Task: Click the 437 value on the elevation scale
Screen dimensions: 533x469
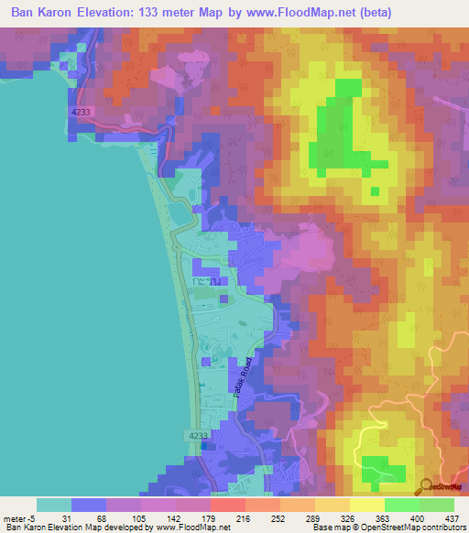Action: click(x=452, y=518)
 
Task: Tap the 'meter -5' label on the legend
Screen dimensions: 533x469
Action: click(x=20, y=518)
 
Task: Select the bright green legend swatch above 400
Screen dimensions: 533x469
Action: click(x=401, y=505)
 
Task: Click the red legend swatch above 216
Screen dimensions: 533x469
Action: click(x=227, y=505)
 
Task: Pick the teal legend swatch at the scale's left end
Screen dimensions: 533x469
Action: click(x=54, y=505)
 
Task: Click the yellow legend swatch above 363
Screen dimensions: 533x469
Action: click(x=366, y=505)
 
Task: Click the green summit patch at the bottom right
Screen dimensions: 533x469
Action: click(x=383, y=468)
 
